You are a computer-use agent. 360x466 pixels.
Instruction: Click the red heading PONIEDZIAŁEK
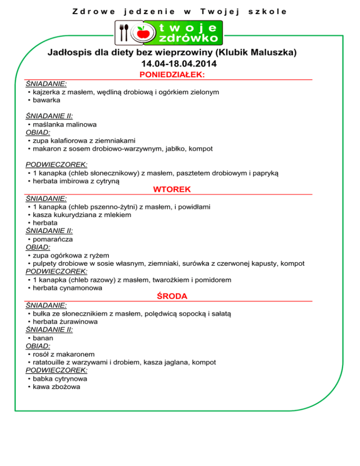(173, 75)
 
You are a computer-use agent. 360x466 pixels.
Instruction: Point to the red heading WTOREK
(172, 189)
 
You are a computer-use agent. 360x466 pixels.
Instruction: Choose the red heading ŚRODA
(172, 296)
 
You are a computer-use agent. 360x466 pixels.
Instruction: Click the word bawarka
(46, 100)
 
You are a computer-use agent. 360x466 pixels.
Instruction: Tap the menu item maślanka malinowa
(65, 124)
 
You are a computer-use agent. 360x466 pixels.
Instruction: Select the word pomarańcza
(52, 239)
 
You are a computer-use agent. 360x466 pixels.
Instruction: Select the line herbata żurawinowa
(65, 321)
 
